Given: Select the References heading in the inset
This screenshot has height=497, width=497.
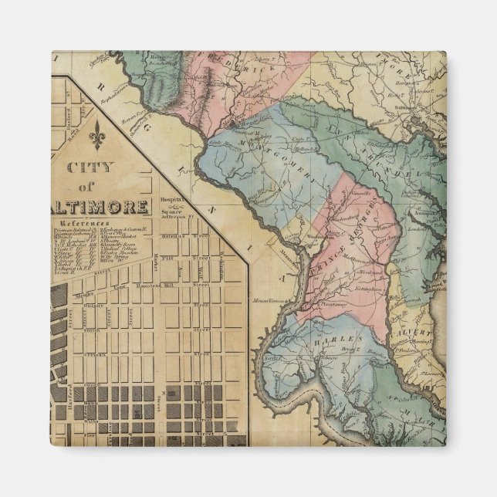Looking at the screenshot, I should [81, 223].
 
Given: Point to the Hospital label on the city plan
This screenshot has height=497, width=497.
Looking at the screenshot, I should [168, 198].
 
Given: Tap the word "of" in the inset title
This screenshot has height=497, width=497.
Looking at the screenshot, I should [94, 189].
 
